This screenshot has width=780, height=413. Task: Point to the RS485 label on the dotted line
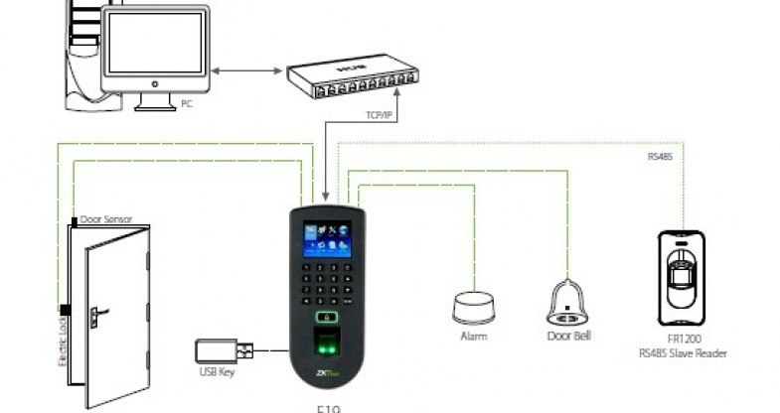[x=661, y=156]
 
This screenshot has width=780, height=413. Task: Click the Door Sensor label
[x=106, y=219]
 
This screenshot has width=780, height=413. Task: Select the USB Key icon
[x=224, y=351]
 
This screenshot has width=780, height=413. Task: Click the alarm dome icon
[x=472, y=307]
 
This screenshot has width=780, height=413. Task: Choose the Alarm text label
[x=473, y=337]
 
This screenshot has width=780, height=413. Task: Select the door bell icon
[x=568, y=301]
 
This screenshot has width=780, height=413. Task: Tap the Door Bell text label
[x=569, y=337]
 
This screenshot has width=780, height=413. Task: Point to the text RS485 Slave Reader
[x=684, y=352]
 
